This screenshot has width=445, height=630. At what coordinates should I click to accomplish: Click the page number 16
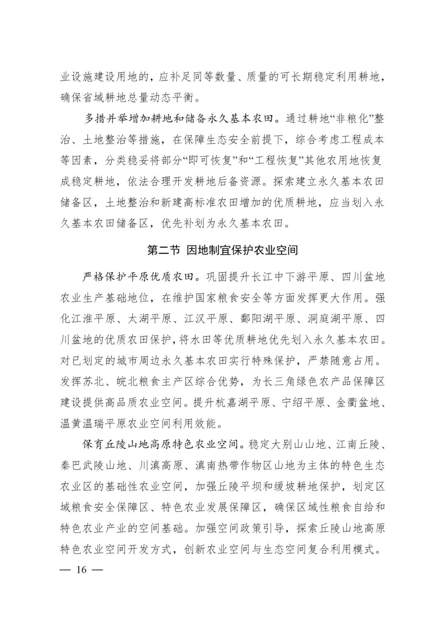point(81,570)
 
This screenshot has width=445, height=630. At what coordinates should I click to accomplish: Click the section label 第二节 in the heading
point(164,250)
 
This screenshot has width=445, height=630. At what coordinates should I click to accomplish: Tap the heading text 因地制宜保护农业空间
point(242,250)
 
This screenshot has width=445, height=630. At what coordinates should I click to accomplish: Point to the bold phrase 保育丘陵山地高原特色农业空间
point(161,444)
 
